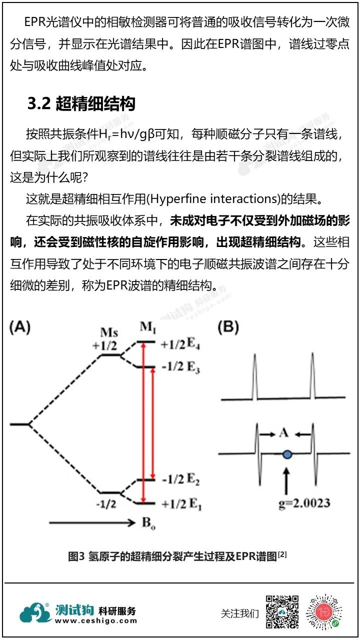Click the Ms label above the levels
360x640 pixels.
[109, 333]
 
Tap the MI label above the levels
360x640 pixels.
[146, 327]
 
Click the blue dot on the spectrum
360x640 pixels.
[286, 454]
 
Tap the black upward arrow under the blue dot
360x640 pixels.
[286, 479]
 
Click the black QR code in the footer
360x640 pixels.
[282, 612]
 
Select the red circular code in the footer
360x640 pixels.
[324, 612]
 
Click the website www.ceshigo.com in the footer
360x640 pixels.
[95, 620]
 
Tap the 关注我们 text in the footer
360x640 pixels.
[240, 613]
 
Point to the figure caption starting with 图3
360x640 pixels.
[177, 556]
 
